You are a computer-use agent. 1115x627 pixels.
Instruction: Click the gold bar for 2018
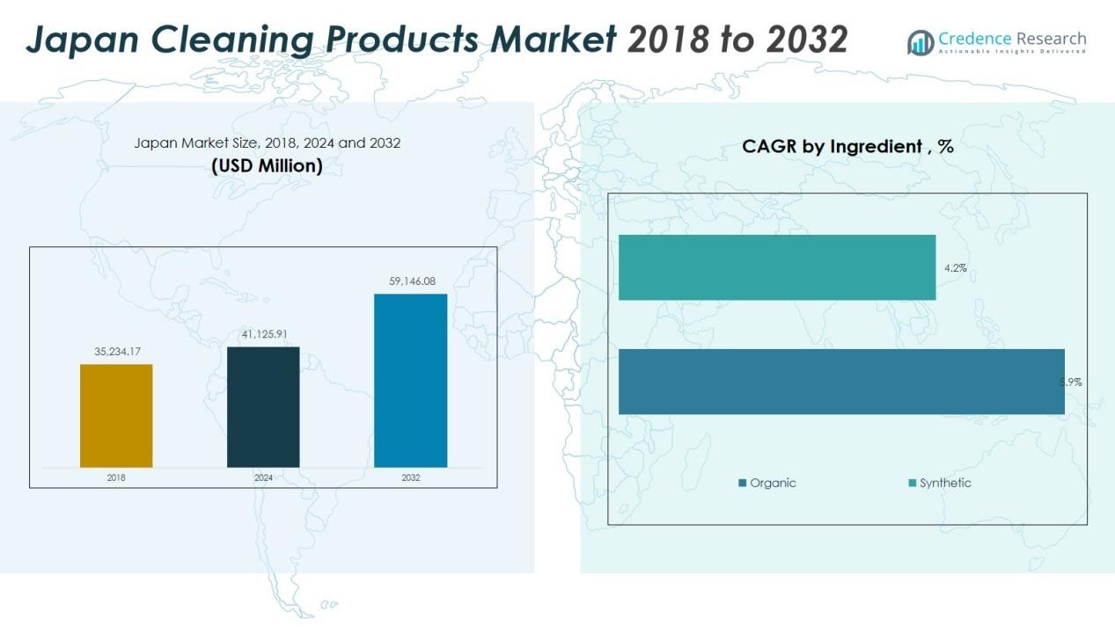(116, 415)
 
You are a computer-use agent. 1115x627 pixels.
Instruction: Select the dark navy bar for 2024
(263, 406)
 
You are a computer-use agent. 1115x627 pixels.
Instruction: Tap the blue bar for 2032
(410, 380)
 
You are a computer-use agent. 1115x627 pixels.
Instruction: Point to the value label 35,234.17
(117, 352)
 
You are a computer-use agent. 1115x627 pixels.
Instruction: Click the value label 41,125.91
(264, 334)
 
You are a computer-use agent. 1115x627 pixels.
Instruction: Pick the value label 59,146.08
(412, 281)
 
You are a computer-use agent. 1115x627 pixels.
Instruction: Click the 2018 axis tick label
(116, 478)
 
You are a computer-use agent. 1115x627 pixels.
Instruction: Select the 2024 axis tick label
(263, 478)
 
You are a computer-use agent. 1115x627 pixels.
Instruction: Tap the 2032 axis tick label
(411, 478)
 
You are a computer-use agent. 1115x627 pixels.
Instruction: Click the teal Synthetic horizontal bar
(776, 267)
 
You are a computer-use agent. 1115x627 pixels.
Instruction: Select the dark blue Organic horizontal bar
(840, 381)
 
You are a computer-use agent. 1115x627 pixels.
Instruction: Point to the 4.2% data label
(955, 268)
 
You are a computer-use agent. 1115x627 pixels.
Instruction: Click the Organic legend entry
(767, 483)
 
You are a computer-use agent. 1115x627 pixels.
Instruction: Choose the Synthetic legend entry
(940, 483)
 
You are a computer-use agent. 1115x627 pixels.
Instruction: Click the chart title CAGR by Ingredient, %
(847, 147)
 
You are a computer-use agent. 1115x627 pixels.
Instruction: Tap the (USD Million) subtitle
(267, 165)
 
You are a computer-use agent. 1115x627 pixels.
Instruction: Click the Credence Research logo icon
(921, 42)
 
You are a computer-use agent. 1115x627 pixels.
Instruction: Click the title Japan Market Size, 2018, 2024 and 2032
(267, 142)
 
